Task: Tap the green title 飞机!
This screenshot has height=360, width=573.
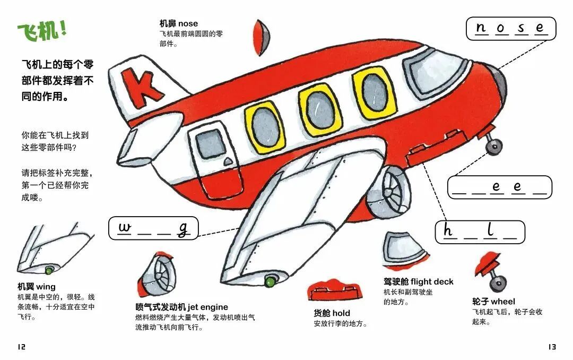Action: [x=42, y=31]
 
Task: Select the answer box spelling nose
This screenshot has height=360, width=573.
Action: [x=510, y=29]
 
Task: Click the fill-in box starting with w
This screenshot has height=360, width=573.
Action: [x=153, y=229]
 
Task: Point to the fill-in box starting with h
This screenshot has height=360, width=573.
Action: [x=480, y=232]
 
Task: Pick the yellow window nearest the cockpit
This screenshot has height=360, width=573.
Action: [x=375, y=94]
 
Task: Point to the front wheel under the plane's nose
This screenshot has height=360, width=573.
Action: [x=494, y=144]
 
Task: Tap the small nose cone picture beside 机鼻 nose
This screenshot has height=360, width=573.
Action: [x=262, y=37]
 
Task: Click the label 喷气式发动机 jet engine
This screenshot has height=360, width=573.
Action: [x=181, y=307]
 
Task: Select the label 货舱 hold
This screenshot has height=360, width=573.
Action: [x=332, y=313]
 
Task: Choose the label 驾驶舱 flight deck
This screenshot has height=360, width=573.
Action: [x=418, y=281]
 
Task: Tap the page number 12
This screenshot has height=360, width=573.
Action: [x=21, y=347]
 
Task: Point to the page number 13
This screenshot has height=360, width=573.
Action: [x=552, y=347]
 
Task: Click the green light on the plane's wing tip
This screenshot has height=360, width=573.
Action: [x=271, y=278]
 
